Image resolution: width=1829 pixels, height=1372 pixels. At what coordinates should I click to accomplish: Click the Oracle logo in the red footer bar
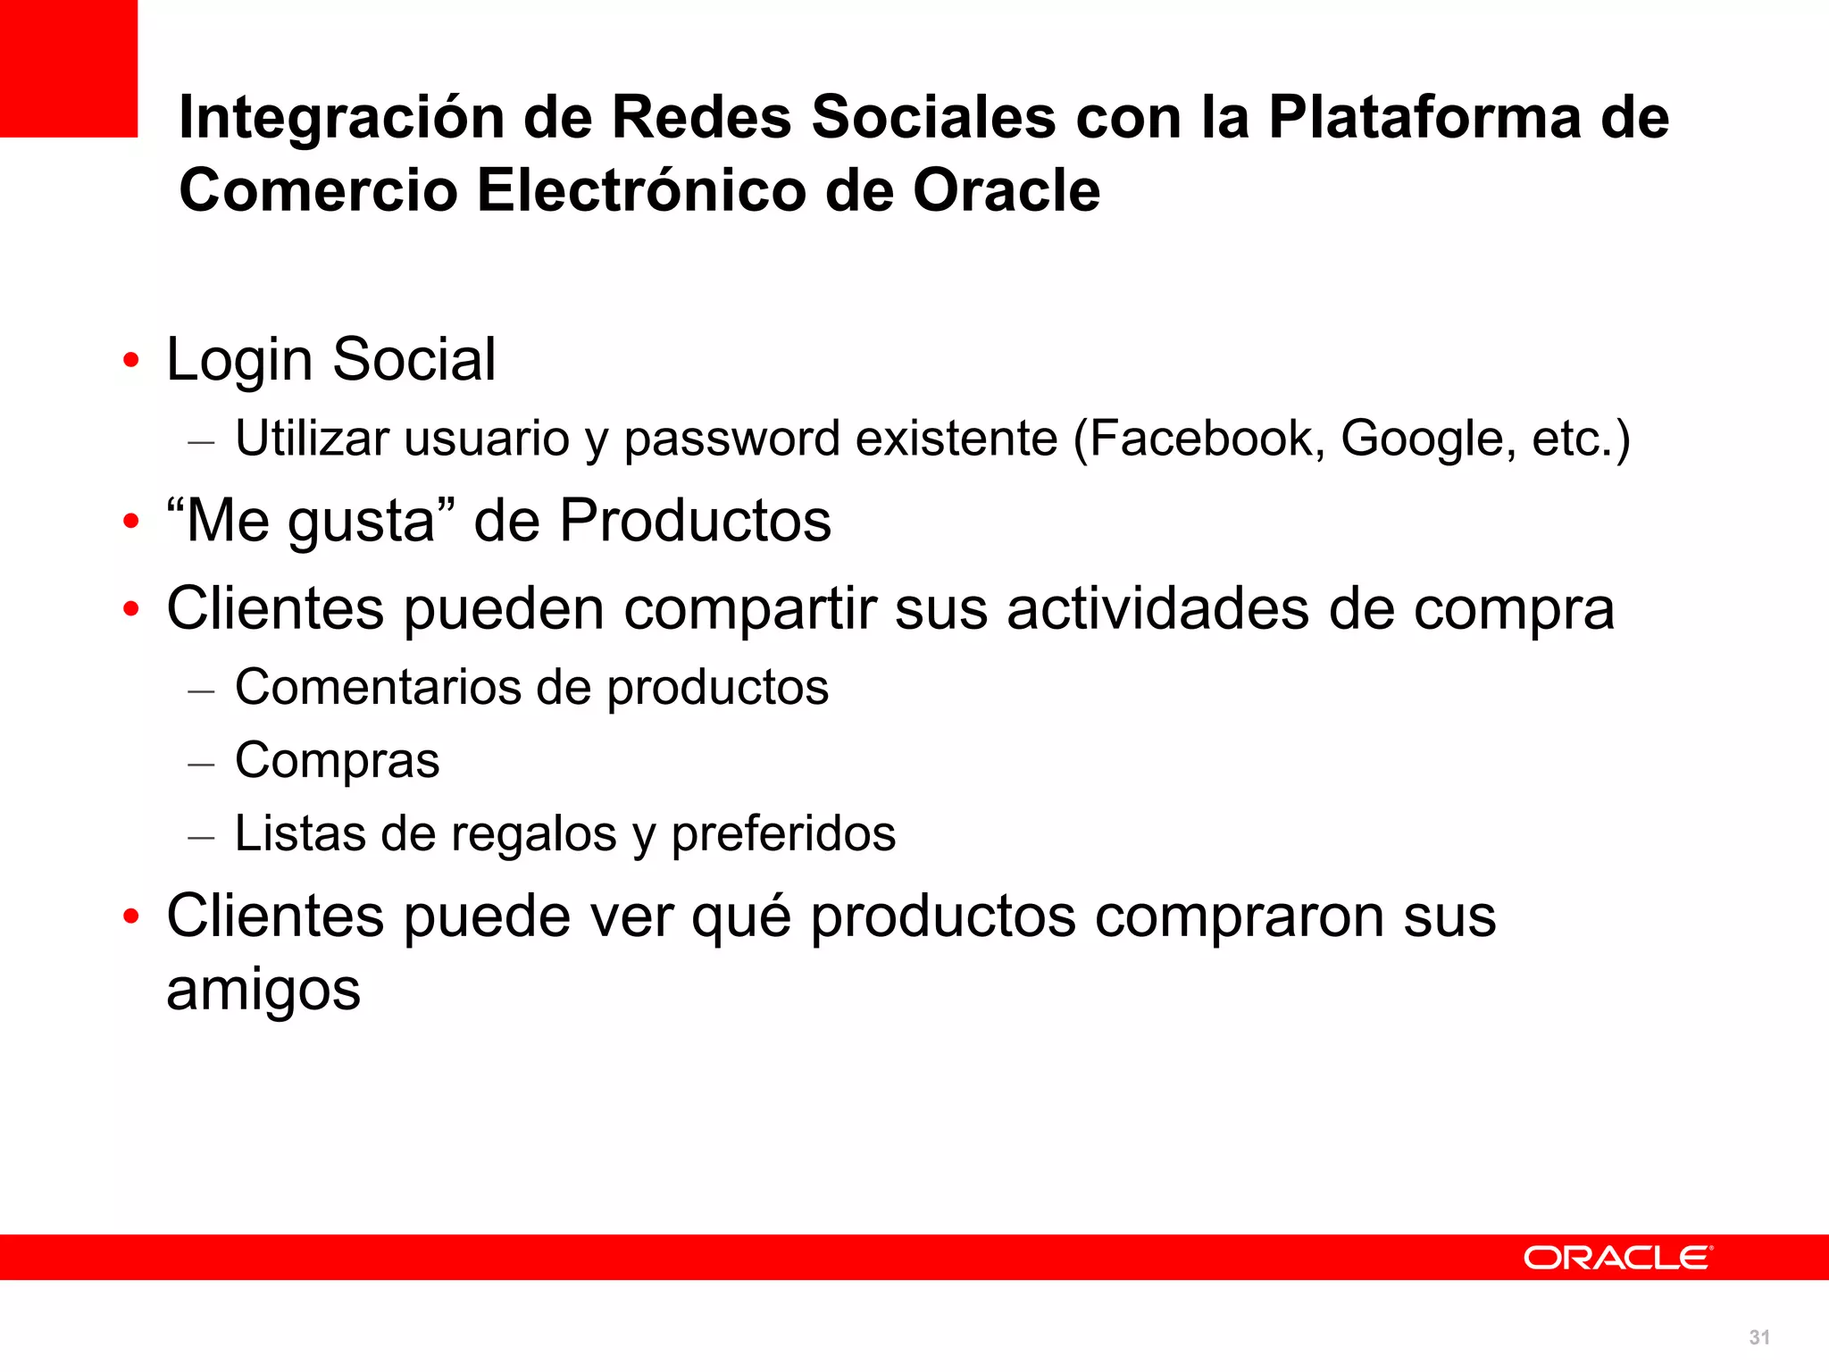(1617, 1258)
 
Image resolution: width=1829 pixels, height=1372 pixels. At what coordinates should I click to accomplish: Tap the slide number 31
(1759, 1337)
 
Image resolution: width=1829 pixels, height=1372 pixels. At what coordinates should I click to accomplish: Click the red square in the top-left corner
(68, 68)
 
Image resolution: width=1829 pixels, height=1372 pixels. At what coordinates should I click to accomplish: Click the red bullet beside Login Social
(131, 361)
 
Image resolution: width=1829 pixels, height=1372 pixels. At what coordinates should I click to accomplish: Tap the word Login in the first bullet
(239, 361)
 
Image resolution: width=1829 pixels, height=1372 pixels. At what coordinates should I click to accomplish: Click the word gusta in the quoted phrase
(361, 523)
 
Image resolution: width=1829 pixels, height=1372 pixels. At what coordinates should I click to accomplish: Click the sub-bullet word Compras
(338, 761)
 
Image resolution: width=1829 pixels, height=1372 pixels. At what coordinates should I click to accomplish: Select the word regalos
(533, 834)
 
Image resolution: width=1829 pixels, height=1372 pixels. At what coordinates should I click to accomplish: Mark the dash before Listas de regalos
(202, 837)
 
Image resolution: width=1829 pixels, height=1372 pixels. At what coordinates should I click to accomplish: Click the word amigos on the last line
(263, 991)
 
